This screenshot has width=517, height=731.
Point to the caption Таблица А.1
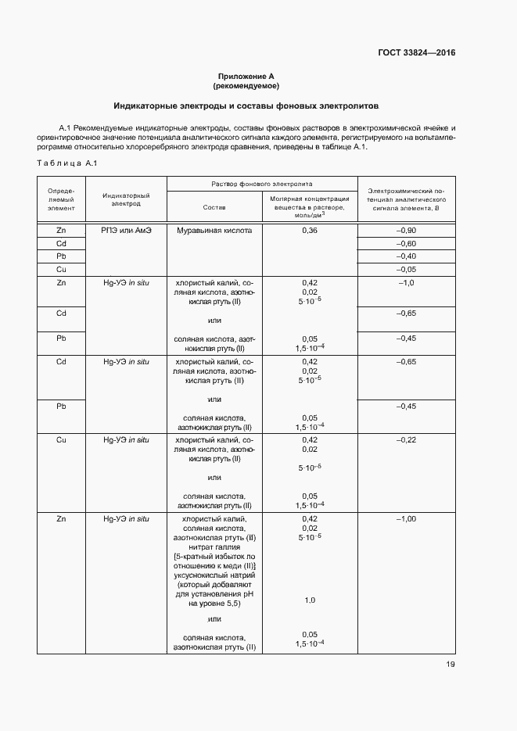66,163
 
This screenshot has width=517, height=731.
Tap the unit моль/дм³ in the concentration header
308,216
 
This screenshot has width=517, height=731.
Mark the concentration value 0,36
308,231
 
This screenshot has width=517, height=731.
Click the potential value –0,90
406,231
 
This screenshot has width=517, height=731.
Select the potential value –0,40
406,256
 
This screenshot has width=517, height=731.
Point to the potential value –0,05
406,269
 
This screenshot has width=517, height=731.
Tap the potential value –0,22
406,440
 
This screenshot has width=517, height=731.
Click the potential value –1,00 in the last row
406,519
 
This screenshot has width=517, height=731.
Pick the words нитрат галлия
214,547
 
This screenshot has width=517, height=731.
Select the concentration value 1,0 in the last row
308,600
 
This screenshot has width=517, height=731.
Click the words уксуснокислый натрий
214,575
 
